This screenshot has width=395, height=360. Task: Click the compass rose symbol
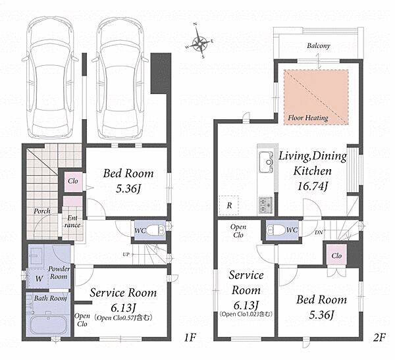click(x=199, y=42)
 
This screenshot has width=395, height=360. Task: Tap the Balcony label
click(x=319, y=46)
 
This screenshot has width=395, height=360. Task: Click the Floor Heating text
click(x=308, y=118)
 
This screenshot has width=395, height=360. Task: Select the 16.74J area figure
click(x=312, y=187)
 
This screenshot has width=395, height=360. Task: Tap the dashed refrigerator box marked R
click(x=228, y=205)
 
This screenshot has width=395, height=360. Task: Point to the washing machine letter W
click(x=39, y=278)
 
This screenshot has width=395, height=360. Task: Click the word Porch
click(x=42, y=211)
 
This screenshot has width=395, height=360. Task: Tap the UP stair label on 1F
click(x=126, y=255)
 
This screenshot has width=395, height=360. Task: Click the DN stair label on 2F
click(x=319, y=232)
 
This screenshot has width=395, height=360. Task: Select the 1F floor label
click(x=190, y=338)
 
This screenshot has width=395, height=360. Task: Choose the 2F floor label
click(x=379, y=338)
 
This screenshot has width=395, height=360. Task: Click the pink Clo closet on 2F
click(x=336, y=255)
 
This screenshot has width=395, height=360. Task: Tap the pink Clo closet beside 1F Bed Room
click(x=73, y=181)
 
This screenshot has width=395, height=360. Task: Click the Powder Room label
click(x=59, y=272)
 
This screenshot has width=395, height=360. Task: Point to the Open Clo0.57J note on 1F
click(x=123, y=318)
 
